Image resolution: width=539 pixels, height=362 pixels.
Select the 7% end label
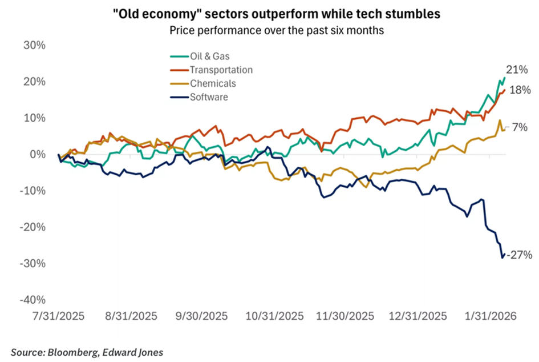[x=520, y=128]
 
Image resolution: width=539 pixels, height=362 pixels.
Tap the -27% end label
[x=520, y=254]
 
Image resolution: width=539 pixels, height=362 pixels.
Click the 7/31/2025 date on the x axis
[x=59, y=316]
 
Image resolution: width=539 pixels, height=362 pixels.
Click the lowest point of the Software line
[x=502, y=258]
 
